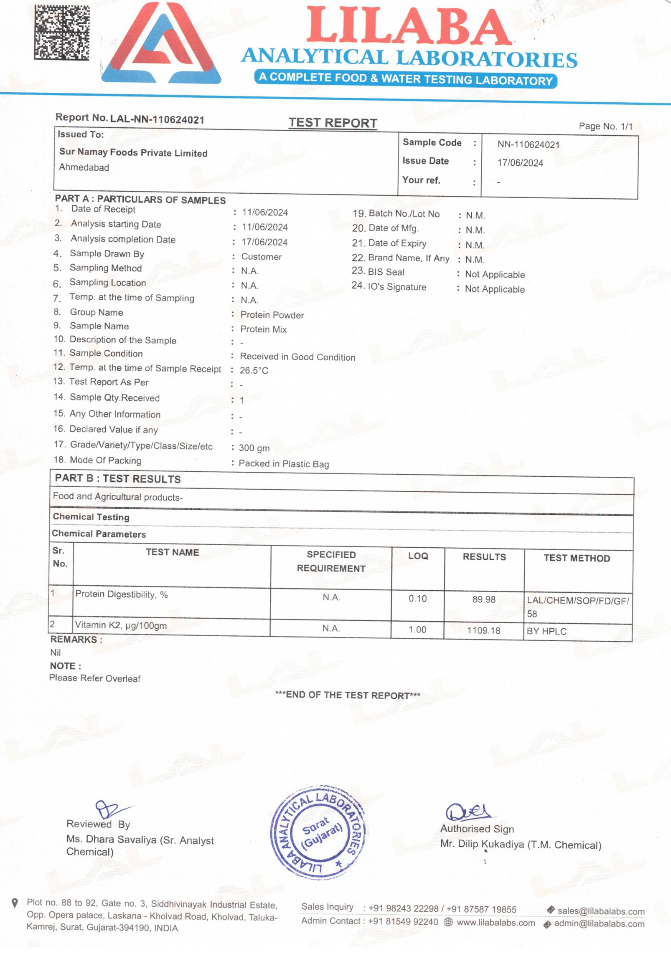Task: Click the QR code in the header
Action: tap(61, 32)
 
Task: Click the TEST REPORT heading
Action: tap(333, 123)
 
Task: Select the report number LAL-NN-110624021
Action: tap(157, 120)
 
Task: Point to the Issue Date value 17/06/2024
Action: tap(520, 163)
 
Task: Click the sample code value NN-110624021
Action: tap(528, 145)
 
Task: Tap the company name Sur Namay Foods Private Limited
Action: tap(133, 152)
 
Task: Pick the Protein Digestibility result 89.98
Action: tap(484, 599)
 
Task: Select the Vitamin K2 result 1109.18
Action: tap(483, 630)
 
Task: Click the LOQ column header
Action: tap(418, 556)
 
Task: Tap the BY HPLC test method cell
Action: tap(546, 631)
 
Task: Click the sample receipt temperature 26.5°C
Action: tap(254, 370)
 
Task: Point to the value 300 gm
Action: tap(254, 448)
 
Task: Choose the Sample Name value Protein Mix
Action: tap(263, 329)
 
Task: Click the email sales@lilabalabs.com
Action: tap(601, 911)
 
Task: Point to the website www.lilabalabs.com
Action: tap(496, 923)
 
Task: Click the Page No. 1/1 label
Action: tap(605, 126)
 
